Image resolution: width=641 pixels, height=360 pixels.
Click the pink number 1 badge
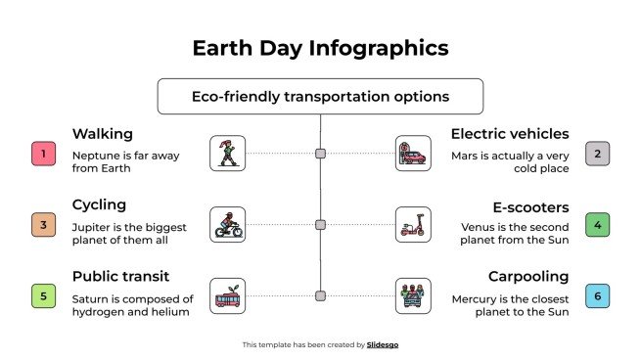[x=42, y=154]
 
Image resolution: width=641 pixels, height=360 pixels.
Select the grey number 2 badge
[x=598, y=154]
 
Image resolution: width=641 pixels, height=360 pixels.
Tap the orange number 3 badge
[x=42, y=225]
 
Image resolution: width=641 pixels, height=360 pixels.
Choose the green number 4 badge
[x=598, y=225]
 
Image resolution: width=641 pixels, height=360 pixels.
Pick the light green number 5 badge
[x=42, y=295]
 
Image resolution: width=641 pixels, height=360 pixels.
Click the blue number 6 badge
[x=598, y=295]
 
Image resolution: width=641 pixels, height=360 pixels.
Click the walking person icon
[x=228, y=154]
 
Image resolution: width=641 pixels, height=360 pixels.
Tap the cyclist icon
[x=228, y=224]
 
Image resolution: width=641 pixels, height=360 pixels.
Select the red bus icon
[x=228, y=295]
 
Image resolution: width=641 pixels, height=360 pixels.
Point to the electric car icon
[x=412, y=154]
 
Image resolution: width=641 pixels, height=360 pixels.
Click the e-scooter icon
[x=412, y=224]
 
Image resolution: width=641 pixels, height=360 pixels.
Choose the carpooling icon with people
[x=412, y=295]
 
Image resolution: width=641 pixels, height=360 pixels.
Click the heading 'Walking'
[x=102, y=133]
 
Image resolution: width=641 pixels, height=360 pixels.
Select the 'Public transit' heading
[x=124, y=277]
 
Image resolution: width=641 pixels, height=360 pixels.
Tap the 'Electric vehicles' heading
[x=509, y=133]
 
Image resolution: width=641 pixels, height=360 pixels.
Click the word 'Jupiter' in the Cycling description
[x=91, y=226]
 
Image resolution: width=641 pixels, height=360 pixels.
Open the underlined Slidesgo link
[x=383, y=344]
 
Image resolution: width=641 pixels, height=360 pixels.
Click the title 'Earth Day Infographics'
[x=320, y=48]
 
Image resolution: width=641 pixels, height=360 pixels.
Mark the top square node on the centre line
[x=320, y=154]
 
